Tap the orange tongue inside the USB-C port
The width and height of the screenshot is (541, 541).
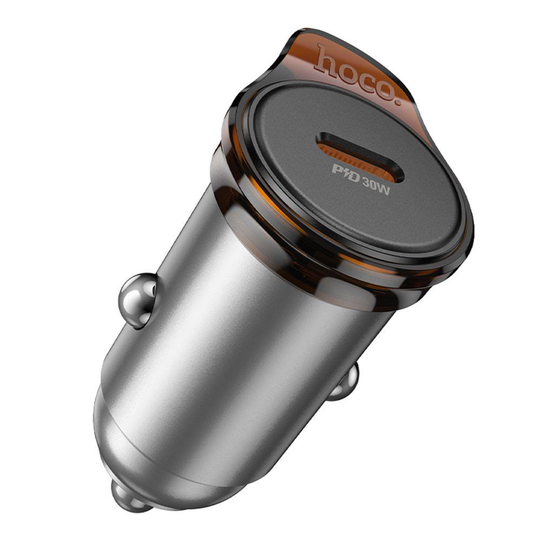point(359,157)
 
